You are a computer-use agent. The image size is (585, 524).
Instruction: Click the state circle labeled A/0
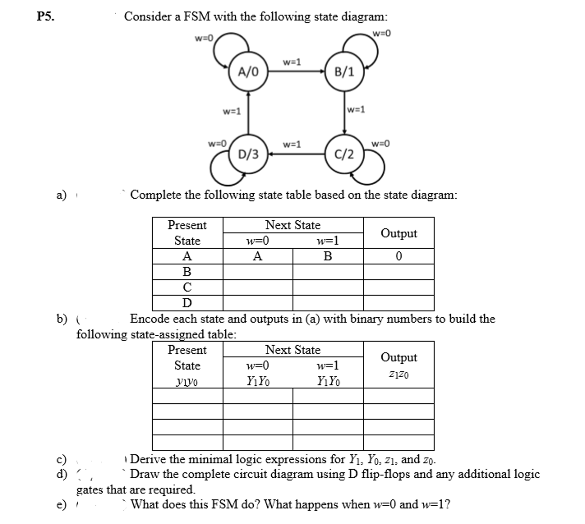click(248, 71)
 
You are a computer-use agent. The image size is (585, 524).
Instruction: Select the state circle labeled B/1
click(344, 71)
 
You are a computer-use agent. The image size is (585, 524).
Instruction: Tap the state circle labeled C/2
click(344, 154)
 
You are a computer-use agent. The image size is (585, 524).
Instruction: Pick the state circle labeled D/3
click(248, 154)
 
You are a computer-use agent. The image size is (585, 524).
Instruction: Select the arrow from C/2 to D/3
click(297, 154)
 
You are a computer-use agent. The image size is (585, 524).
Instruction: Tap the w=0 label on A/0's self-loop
click(204, 38)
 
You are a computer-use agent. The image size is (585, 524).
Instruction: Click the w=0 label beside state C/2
click(380, 144)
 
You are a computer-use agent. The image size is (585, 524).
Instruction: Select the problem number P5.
click(45, 16)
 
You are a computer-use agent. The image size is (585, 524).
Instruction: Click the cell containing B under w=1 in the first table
click(328, 256)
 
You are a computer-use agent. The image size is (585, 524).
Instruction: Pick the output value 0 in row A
click(399, 256)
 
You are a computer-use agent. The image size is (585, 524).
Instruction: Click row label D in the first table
click(187, 303)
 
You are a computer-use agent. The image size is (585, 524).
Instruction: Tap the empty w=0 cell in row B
click(258, 272)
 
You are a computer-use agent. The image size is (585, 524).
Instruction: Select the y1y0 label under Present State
click(187, 382)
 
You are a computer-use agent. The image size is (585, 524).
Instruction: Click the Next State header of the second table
click(293, 350)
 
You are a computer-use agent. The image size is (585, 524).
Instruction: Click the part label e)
click(61, 504)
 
